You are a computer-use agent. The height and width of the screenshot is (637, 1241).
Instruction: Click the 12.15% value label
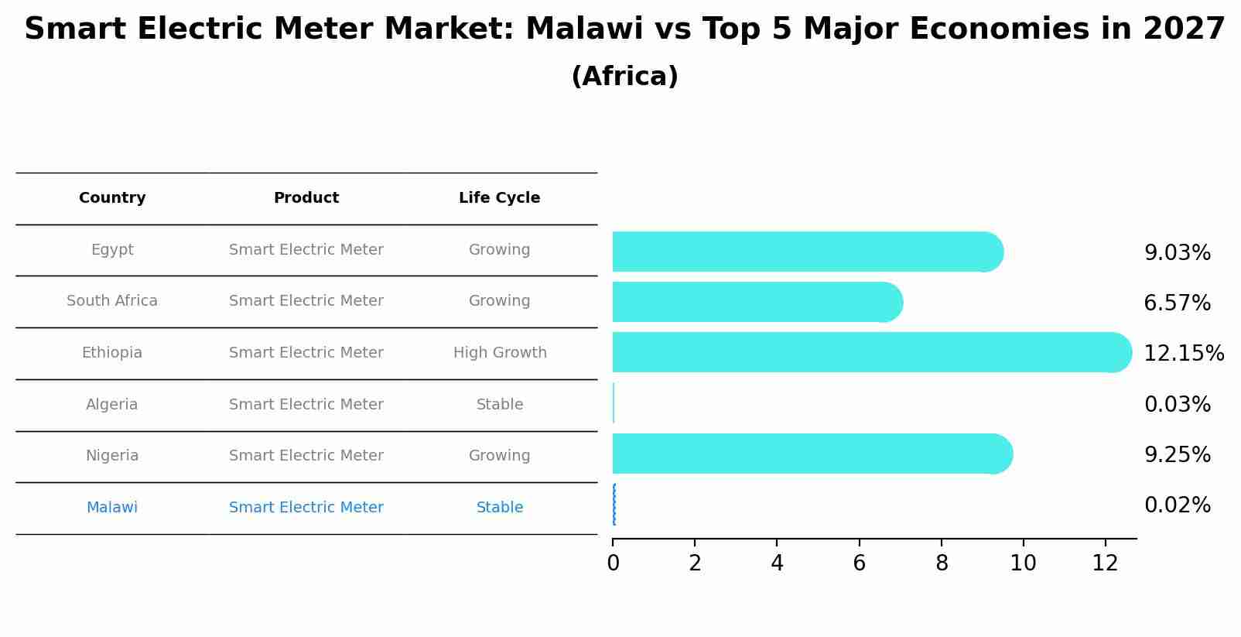(x=1183, y=354)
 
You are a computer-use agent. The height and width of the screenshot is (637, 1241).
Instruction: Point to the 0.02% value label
(x=1177, y=505)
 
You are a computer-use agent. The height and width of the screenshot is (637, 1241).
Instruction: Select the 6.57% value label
(x=1177, y=303)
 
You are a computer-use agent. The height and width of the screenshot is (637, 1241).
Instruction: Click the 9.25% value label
(x=1177, y=455)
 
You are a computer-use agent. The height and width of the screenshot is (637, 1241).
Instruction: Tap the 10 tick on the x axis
(x=1023, y=563)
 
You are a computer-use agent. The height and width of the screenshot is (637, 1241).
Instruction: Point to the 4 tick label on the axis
(x=777, y=563)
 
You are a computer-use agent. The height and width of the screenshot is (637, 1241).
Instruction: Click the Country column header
(x=112, y=198)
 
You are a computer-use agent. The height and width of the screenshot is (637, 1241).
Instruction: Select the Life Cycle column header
(x=499, y=198)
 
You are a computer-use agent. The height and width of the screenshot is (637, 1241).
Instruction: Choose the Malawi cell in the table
(x=112, y=508)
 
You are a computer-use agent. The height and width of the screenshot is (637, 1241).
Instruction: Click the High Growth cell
(x=500, y=353)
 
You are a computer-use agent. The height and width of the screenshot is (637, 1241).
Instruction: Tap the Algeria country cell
(x=112, y=405)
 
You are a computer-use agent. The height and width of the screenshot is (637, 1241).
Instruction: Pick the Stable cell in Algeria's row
(x=500, y=405)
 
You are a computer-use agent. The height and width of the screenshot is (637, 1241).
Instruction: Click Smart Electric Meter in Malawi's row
(x=306, y=508)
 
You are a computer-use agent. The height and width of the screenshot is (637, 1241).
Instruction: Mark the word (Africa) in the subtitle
(x=624, y=77)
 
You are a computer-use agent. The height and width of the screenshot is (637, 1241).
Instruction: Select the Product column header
(x=306, y=198)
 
